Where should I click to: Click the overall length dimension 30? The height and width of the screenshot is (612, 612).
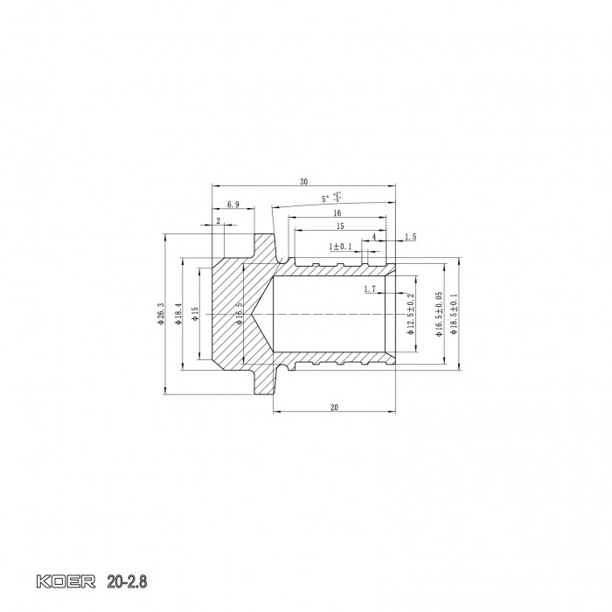303,182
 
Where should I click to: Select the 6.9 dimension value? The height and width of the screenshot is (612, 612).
233,204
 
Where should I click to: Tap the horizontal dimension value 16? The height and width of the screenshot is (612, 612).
336,213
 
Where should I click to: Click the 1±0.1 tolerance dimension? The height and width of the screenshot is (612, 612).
340,247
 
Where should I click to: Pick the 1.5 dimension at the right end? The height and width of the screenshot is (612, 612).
410,237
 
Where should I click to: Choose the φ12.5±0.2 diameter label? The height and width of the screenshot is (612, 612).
410,315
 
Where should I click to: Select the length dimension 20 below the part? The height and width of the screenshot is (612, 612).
334,408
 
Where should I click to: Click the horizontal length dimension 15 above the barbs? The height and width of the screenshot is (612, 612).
339,226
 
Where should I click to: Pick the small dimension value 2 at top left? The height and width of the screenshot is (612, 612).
218,220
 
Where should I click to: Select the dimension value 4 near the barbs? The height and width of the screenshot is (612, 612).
374,237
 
